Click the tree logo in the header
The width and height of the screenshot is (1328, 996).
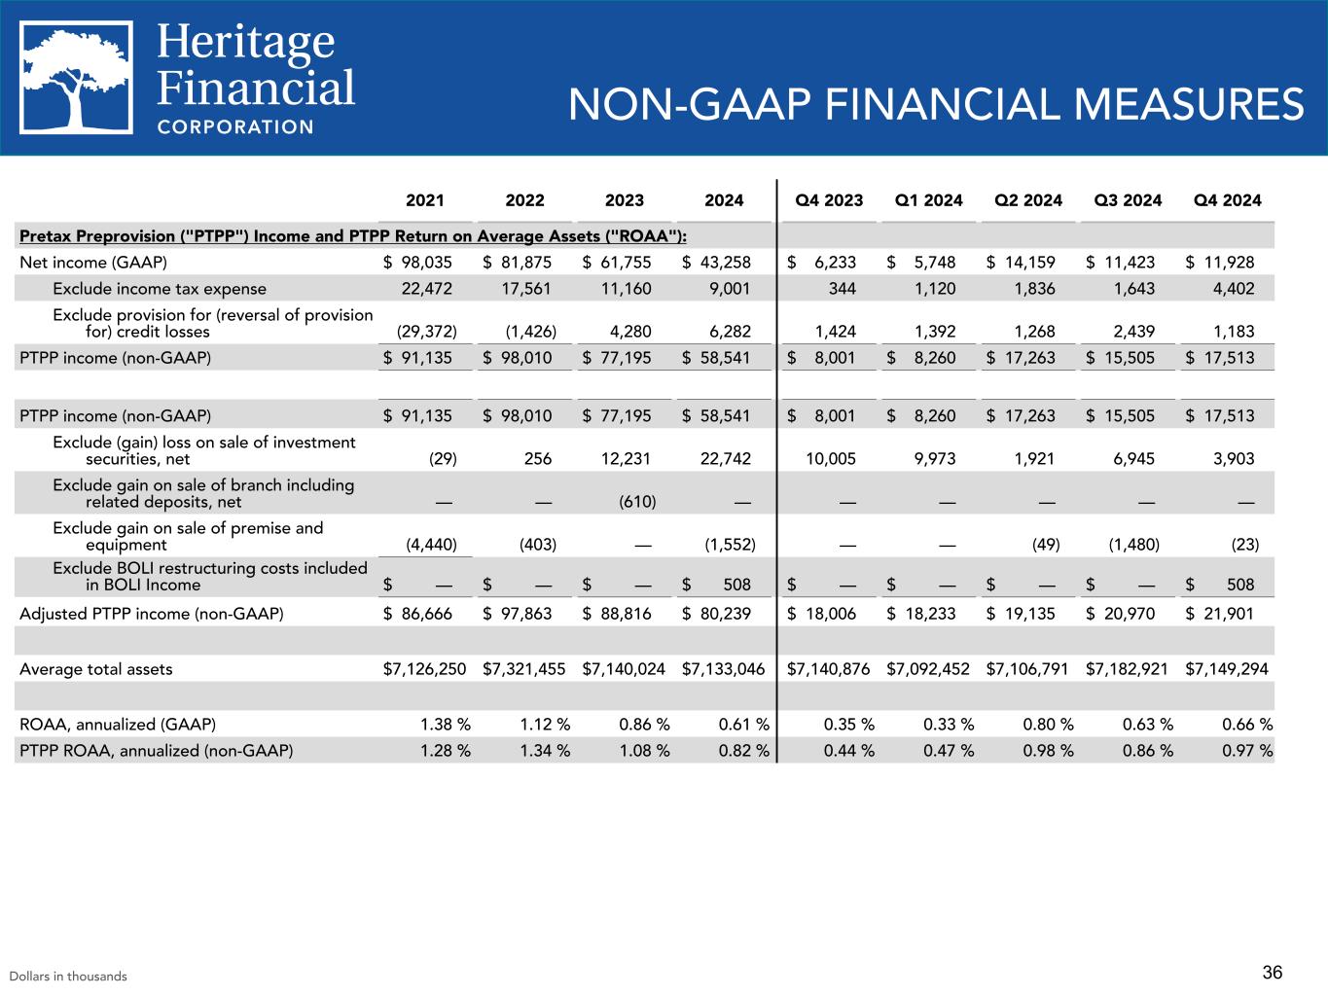pos(77,77)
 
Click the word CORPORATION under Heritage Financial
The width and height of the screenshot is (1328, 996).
pos(235,126)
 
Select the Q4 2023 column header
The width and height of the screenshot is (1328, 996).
pos(829,201)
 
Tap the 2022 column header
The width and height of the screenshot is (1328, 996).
pos(525,201)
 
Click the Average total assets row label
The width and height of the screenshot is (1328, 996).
pos(96,668)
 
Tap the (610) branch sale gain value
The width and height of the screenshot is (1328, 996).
pos(637,502)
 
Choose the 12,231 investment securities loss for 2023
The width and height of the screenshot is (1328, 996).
pos(627,459)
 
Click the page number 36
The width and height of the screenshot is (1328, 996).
pos(1272,973)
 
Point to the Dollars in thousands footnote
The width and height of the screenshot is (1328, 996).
pos(68,977)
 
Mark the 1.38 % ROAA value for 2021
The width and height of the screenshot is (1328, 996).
pos(445,725)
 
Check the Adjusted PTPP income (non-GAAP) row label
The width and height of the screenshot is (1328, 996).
pos(152,614)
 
